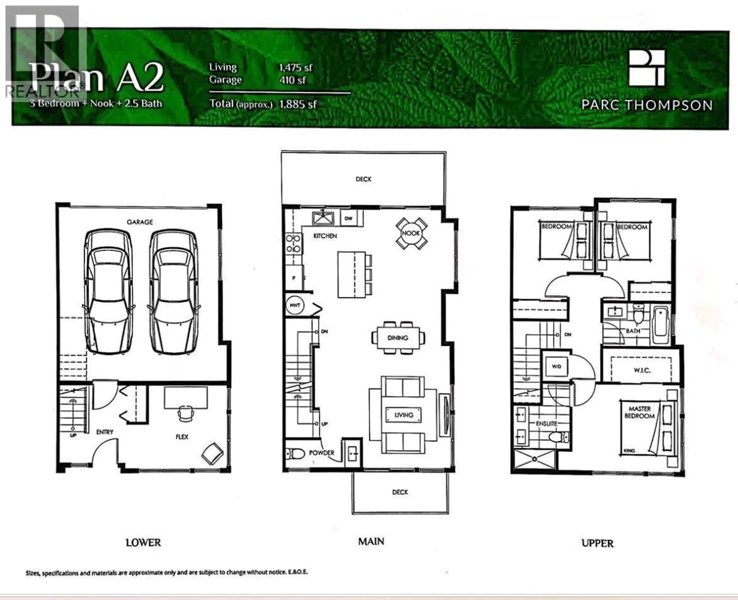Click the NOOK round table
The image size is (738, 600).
pyautogui.click(x=411, y=233)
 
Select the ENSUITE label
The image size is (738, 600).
pyautogui.click(x=547, y=423)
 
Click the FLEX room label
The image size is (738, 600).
pyautogui.click(x=182, y=437)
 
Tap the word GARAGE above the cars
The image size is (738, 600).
pyautogui.click(x=140, y=222)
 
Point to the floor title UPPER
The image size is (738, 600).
pyautogui.click(x=598, y=543)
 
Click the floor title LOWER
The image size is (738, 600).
pyautogui.click(x=143, y=543)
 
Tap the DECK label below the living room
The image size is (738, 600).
pyautogui.click(x=400, y=492)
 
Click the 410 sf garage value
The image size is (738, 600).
pyautogui.click(x=293, y=80)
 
